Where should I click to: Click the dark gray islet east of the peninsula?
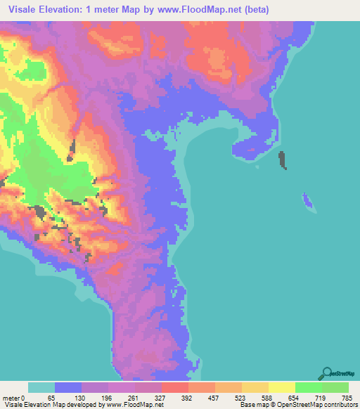click(x=283, y=160)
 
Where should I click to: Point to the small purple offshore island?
click(x=307, y=202)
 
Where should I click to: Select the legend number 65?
click(x=51, y=398)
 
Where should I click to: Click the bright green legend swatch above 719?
click(x=308, y=387)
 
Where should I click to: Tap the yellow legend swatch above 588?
click(x=255, y=387)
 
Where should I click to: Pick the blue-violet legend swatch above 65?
click(x=67, y=387)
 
